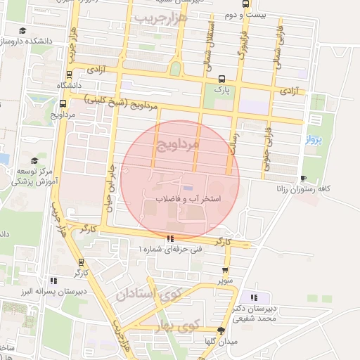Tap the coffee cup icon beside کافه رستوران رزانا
303,178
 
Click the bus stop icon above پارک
222,79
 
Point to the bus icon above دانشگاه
68,75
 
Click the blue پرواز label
314,140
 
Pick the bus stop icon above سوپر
225,269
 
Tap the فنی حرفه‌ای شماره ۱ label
170,249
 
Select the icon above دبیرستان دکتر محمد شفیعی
253,297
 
